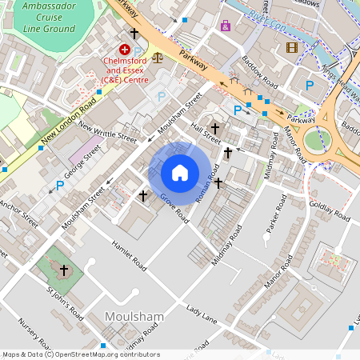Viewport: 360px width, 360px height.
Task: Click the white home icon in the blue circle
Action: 180,172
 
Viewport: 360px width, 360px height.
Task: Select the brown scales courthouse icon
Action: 157,58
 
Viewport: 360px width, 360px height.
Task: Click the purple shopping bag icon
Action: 225,26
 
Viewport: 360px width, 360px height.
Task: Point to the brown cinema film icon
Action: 291,47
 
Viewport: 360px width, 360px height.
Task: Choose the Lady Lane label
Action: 201,314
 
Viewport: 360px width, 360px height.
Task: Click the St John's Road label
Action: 65,305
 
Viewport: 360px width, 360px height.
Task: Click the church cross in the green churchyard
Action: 63,270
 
